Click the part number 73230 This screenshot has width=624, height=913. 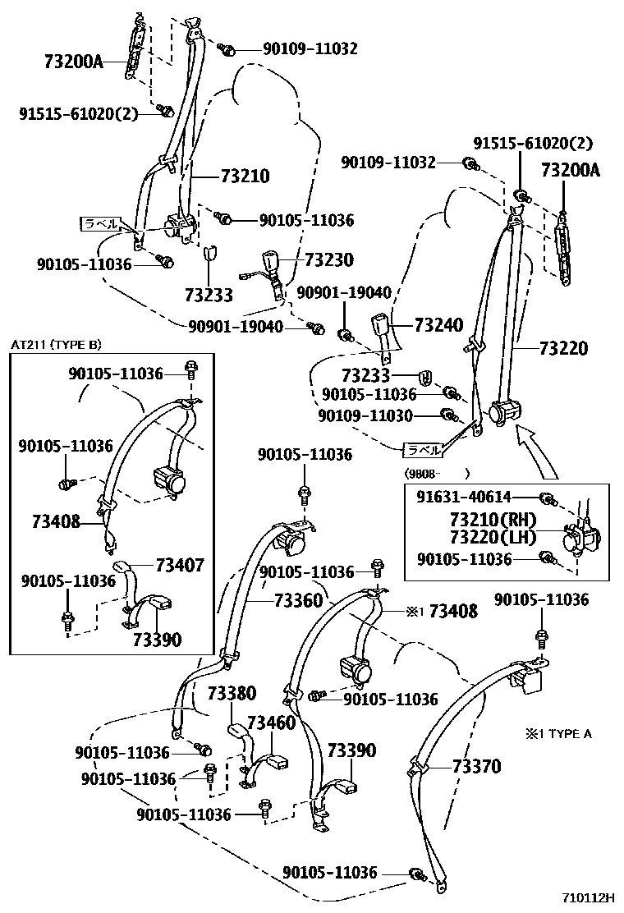tap(328, 260)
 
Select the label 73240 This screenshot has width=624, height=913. tap(438, 324)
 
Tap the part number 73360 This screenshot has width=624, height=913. tap(298, 601)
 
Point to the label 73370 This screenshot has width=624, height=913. tap(476, 767)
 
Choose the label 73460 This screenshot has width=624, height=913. tap(271, 723)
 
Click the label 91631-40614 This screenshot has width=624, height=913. tap(463, 497)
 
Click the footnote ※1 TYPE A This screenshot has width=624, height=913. tap(558, 733)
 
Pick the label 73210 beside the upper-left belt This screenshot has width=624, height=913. tap(245, 176)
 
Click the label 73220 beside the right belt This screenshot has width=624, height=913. tap(563, 348)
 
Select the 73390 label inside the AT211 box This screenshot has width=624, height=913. tap(158, 639)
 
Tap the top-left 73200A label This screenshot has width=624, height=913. tap(73, 61)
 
